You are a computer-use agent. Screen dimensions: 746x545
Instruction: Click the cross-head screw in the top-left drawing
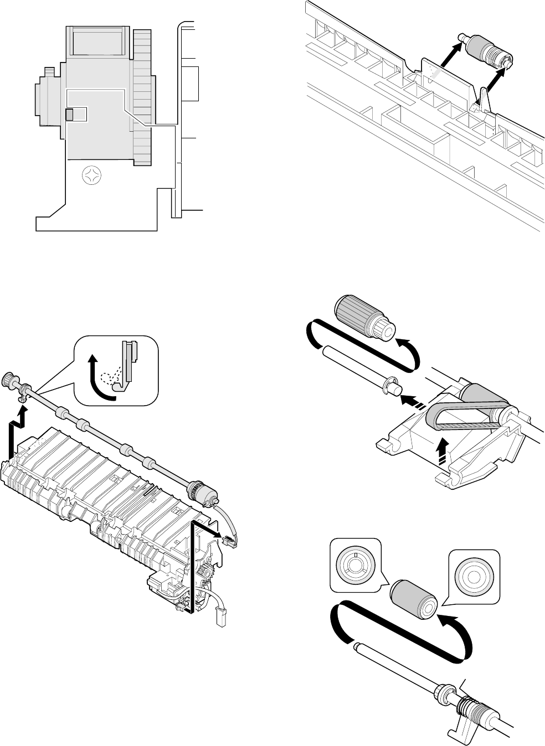(x=90, y=177)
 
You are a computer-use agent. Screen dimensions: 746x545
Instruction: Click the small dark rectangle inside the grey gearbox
(x=69, y=115)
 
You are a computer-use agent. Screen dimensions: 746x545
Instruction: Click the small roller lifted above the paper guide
(x=485, y=54)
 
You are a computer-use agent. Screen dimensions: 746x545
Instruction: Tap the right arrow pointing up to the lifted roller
(x=496, y=80)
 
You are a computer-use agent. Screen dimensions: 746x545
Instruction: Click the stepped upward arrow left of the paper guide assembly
(x=17, y=432)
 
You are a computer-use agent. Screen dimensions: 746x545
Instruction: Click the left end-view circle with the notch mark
(x=355, y=564)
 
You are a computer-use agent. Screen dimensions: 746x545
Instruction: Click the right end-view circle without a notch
(x=473, y=576)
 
